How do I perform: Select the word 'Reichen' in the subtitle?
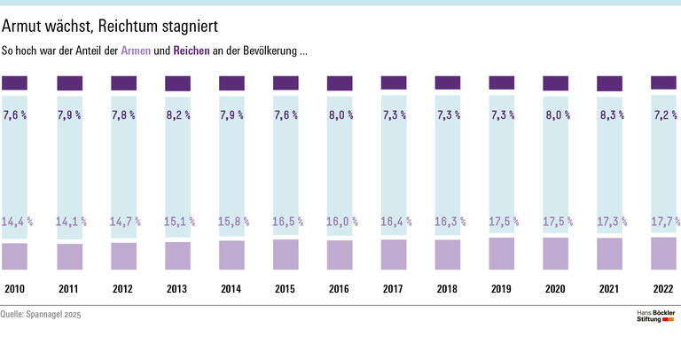click(x=192, y=52)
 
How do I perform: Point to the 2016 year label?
click(x=339, y=289)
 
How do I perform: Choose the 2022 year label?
click(x=663, y=289)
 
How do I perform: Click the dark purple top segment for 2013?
click(x=177, y=84)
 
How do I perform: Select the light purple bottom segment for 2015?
click(x=286, y=254)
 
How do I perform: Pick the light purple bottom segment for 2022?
click(x=663, y=254)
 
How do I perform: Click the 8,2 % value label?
click(x=177, y=115)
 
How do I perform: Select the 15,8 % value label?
click(x=231, y=222)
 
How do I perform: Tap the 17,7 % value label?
click(x=663, y=222)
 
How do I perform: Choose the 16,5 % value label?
click(x=286, y=222)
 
